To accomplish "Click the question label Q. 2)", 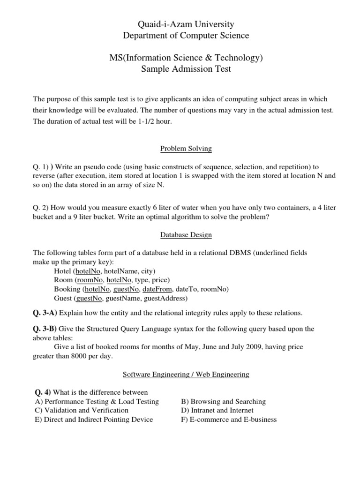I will point(41,208).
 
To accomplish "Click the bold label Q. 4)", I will point(43,392).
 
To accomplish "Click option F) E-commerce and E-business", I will point(229,420).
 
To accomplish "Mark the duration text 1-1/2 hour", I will point(156,121).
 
